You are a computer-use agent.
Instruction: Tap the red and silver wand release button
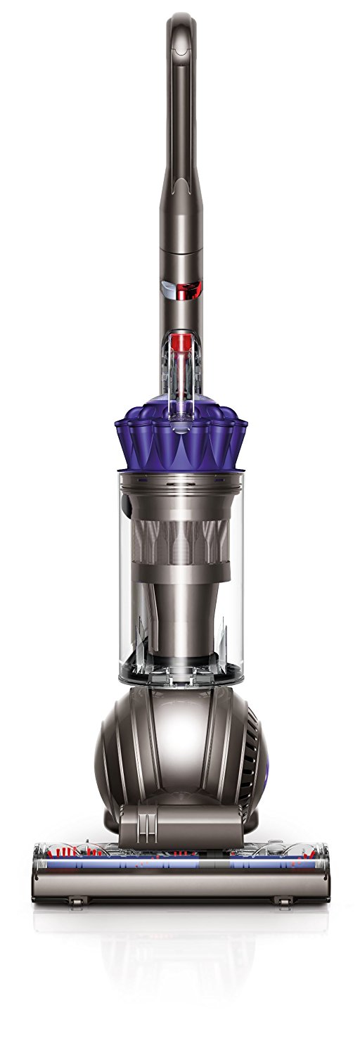point(184,288)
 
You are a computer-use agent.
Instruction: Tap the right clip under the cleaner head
point(283,901)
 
